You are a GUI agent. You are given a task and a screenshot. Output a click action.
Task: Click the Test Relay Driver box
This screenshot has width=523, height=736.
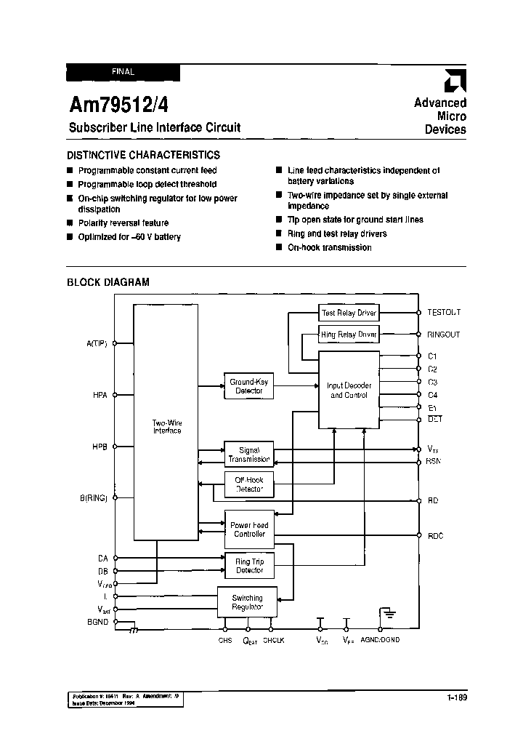[x=349, y=313]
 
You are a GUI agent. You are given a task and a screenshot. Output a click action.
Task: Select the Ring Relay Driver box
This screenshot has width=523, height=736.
[x=349, y=335]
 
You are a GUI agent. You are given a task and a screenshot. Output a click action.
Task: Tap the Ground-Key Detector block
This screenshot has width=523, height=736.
[x=249, y=386]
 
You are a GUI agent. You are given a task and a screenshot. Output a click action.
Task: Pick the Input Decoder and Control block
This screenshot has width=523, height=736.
[x=349, y=391]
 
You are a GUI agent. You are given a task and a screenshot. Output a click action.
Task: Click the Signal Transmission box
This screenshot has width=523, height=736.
[x=249, y=454]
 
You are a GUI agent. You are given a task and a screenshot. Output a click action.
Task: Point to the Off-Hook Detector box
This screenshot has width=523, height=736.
[x=249, y=485]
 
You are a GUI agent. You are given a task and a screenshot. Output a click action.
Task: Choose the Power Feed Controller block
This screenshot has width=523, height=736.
[x=249, y=529]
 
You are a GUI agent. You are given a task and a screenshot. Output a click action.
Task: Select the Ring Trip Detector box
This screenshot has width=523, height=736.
[x=249, y=566]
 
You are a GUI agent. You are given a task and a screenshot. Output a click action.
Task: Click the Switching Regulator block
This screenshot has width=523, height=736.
[x=247, y=602]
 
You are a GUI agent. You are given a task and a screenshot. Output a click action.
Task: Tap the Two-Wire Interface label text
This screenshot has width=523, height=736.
[x=167, y=426]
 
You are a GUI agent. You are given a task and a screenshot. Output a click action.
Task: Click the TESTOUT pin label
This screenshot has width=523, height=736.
[x=444, y=312]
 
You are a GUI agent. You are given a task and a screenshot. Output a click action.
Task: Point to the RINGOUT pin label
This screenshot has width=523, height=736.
[x=444, y=335]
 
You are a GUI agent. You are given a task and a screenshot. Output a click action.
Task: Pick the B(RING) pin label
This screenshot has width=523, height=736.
[x=94, y=498]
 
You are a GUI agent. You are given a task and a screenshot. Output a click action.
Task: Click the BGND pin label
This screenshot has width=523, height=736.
[x=97, y=623]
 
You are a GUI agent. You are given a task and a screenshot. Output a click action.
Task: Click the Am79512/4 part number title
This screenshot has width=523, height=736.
[x=119, y=105]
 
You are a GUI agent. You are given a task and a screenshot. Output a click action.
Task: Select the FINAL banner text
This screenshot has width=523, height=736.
[x=123, y=72]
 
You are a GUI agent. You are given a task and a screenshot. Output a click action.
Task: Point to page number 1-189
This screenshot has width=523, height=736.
[x=457, y=698]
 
